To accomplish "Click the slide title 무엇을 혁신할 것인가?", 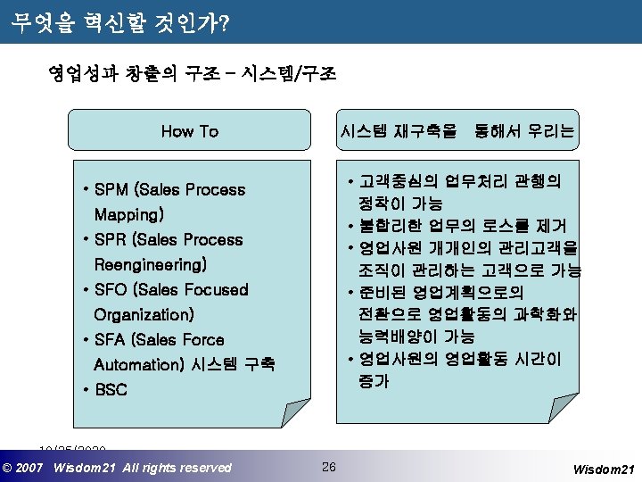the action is click(121, 22).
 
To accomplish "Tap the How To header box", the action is click(190, 132).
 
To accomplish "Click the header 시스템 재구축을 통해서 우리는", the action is click(457, 132).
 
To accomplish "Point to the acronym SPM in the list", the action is click(111, 190).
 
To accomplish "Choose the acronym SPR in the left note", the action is click(111, 240).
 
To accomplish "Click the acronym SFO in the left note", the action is click(111, 290).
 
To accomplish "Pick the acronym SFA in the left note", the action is click(111, 340).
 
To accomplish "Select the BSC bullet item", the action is click(111, 390).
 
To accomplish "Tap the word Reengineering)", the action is click(150, 265).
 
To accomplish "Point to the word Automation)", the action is click(138, 365).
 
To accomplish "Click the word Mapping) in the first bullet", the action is click(129, 215).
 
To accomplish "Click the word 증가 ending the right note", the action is click(374, 381).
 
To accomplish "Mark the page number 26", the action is click(329, 467).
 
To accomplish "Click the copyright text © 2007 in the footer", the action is click(24, 468).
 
